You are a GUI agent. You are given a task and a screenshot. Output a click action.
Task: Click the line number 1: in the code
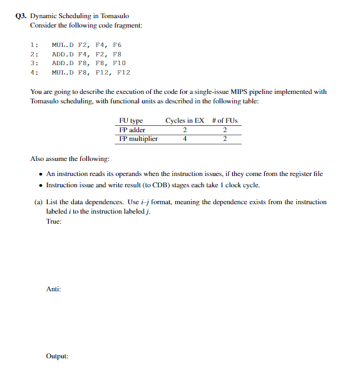click(34, 45)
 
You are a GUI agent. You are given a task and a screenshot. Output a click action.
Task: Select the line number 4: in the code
click(34, 72)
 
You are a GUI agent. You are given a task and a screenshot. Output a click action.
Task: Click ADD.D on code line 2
click(63, 55)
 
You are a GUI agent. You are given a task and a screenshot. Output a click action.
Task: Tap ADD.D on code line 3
click(63, 63)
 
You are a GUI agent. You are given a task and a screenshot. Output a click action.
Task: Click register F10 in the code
click(119, 63)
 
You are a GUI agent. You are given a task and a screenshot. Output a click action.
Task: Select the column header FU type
click(131, 120)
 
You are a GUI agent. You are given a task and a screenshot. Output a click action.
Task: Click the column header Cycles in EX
click(185, 120)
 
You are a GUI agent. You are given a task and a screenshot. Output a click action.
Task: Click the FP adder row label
click(132, 130)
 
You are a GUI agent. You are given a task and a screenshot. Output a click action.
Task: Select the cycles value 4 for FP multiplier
click(185, 138)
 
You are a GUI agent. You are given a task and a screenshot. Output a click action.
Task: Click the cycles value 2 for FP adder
click(185, 130)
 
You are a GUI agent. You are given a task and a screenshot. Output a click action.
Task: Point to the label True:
click(54, 221)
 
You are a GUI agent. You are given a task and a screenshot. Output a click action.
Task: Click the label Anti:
click(53, 288)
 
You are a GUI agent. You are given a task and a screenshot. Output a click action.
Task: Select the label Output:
click(56, 356)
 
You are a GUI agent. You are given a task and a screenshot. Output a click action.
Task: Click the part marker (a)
click(38, 202)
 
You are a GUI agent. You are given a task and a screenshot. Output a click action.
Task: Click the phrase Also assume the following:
click(69, 160)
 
